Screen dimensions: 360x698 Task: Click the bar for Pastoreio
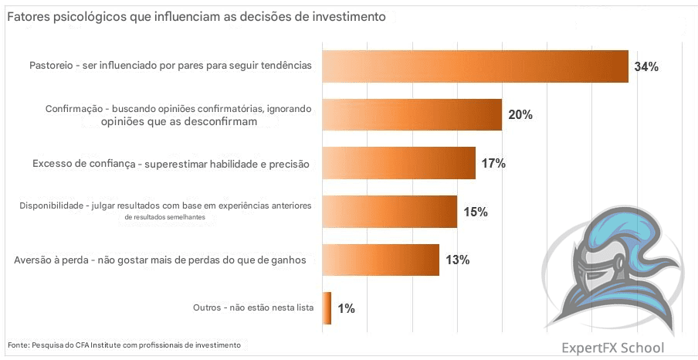pos(475,66)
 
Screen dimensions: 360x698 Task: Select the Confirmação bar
pos(412,114)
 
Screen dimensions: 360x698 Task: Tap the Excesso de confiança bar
pos(398,163)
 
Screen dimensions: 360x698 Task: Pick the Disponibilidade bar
pos(389,212)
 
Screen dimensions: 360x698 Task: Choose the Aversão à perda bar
pos(380,260)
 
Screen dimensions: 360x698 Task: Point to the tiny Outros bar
pos(327,308)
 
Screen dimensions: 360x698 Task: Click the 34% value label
pos(645,66)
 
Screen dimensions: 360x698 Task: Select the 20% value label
pos(520,115)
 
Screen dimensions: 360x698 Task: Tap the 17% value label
pos(493,163)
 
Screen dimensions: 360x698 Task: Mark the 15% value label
pos(475,212)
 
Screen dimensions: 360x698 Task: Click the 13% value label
pos(457,260)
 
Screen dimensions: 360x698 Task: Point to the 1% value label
pos(346,308)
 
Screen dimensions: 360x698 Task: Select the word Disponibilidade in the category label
pos(50,205)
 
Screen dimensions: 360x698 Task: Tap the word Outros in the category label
pos(207,307)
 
